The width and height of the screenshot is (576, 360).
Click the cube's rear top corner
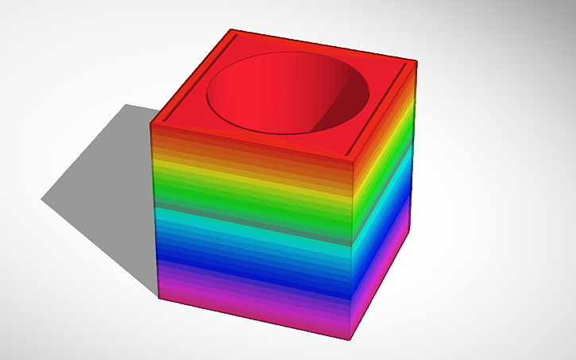[x=232, y=32]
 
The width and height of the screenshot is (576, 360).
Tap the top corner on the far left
[x=151, y=123]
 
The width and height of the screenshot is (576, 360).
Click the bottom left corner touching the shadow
[x=159, y=298]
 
